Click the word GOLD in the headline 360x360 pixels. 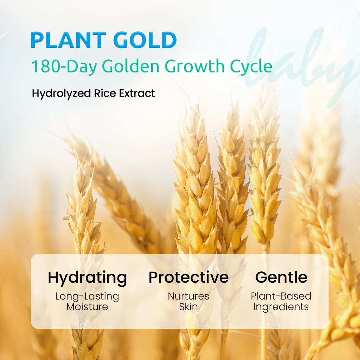[145, 40]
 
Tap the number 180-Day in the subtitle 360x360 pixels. [64, 66]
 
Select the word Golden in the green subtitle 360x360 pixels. [130, 66]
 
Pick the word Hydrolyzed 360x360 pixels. [61, 94]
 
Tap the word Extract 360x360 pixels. [137, 93]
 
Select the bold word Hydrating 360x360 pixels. [87, 278]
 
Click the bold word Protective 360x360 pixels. [188, 277]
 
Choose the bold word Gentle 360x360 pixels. [281, 277]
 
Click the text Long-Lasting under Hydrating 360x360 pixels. [87, 296]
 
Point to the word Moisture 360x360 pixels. [87, 307]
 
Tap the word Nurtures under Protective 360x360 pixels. [188, 296]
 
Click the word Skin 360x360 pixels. [188, 307]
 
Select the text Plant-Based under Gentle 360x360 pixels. [281, 296]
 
